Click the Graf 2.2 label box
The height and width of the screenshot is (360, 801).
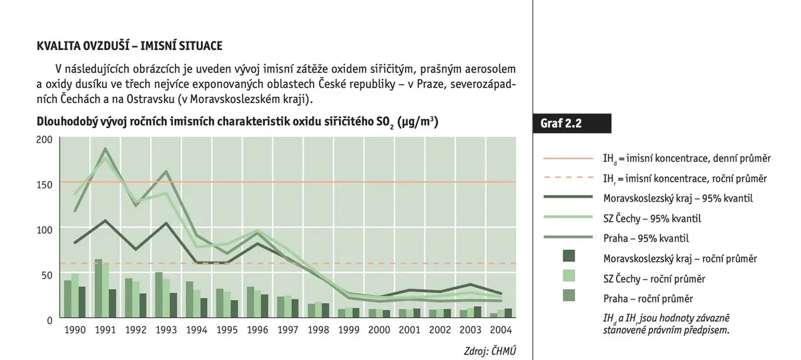[x=572, y=124]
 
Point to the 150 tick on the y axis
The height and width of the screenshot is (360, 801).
[x=44, y=184]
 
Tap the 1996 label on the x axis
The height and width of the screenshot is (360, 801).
[x=258, y=330]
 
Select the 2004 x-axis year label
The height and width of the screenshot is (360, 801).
[x=501, y=330]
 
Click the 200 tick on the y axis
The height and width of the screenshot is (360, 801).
[x=44, y=139]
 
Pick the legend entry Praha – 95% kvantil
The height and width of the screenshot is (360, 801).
[x=646, y=238]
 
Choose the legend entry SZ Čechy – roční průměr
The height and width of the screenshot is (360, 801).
[x=654, y=279]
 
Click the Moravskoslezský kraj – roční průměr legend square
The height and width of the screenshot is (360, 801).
[x=569, y=256]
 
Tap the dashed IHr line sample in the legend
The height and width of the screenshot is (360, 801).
[x=568, y=178]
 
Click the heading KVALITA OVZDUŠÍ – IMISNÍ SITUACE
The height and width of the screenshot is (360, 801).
[x=129, y=46]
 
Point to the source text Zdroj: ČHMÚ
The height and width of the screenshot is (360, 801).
[x=490, y=351]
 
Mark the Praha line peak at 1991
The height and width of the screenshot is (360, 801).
[x=105, y=149]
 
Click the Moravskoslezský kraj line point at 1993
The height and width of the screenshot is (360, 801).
[x=166, y=223]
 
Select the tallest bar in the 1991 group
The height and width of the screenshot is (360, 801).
[x=98, y=289]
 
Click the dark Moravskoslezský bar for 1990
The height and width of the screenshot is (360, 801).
[x=82, y=302]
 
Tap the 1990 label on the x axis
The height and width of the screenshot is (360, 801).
[x=75, y=330]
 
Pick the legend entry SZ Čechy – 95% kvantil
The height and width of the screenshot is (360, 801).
[x=652, y=218]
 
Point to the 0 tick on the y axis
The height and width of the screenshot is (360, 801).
[x=49, y=321]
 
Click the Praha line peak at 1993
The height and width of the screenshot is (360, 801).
[x=166, y=172]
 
